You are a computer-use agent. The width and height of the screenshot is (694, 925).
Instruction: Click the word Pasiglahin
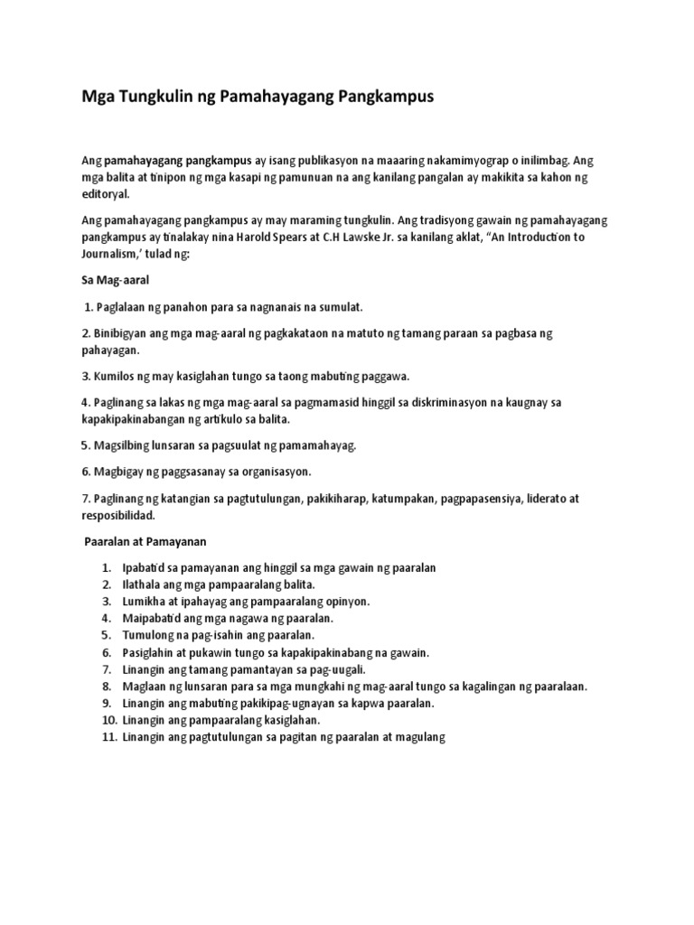pyautogui.click(x=149, y=652)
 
